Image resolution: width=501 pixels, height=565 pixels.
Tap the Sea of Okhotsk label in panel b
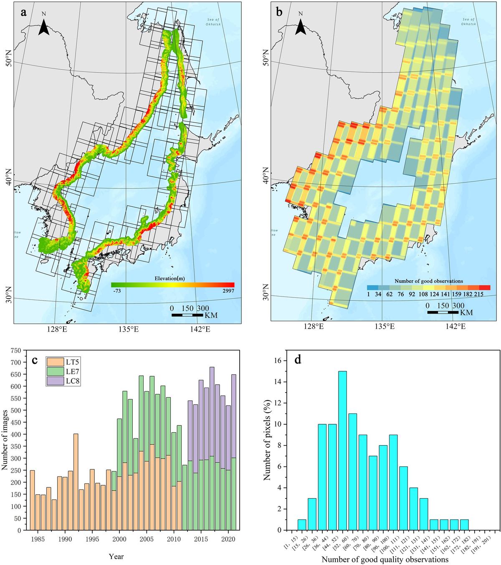tap(468, 21)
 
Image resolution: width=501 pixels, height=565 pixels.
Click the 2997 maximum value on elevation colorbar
tap(228, 291)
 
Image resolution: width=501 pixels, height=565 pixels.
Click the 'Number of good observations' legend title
tap(429, 281)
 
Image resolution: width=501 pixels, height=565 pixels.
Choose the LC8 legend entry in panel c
tap(63, 380)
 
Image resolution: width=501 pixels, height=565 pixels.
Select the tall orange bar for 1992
tap(76, 482)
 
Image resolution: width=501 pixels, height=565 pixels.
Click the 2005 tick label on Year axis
tap(147, 539)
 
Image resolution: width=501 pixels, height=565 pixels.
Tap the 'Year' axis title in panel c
tap(116, 556)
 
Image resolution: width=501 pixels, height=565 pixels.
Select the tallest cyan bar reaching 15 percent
tap(342, 451)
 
